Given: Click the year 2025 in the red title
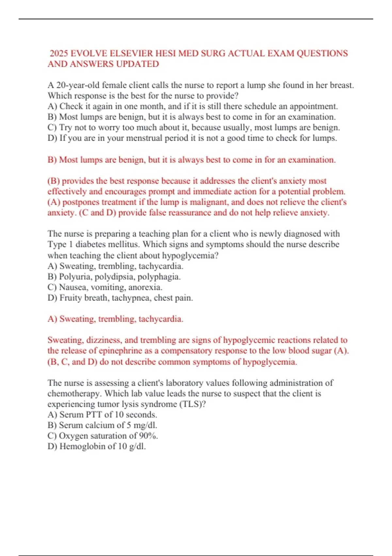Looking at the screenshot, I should click(59, 53).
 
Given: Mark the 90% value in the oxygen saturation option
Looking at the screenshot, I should click(148, 436).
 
